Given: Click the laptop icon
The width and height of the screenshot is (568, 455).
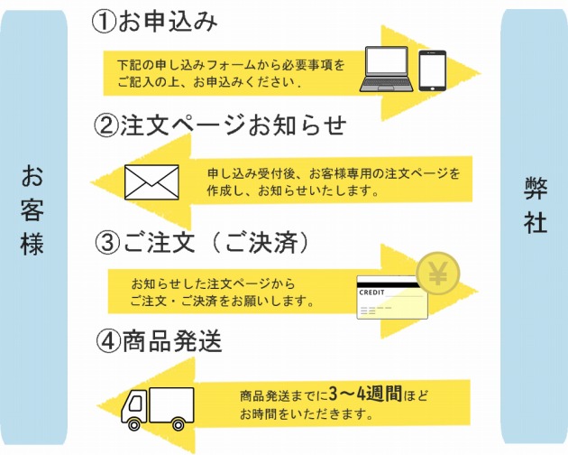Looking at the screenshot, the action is pos(387,69).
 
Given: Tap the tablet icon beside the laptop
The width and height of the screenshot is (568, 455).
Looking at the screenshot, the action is pos(433,70).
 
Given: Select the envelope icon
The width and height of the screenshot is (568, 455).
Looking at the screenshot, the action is pos(151,182).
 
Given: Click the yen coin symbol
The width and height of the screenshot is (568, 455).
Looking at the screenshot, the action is pos(438,274).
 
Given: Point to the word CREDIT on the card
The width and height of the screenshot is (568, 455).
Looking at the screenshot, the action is pos(371,292).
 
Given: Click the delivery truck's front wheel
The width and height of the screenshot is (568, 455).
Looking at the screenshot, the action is pos(134,424).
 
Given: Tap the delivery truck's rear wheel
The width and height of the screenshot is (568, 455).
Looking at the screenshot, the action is pos(178,424).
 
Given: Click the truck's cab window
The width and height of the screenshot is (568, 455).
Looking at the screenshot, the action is pos(135,403).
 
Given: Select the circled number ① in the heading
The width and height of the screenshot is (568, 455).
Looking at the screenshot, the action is pos(104,22).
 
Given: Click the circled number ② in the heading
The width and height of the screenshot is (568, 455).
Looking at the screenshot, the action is pos(106,125).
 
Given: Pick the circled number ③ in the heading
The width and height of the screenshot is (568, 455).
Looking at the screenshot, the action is pos(107,243).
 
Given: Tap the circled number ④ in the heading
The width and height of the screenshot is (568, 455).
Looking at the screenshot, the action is pos(108,341).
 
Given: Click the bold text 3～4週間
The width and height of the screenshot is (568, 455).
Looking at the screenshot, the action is pos(365,394).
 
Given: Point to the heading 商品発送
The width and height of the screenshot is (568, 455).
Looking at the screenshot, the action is pos(172,341).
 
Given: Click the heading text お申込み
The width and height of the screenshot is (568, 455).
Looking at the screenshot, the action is pos(168,21).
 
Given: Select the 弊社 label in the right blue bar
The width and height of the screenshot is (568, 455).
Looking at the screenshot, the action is pos(535,205).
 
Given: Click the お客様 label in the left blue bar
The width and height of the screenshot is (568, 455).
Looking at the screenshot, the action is pos(32,210).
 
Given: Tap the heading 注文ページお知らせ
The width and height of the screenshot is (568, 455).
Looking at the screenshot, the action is pos(234,125).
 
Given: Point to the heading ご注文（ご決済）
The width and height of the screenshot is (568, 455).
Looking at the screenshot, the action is pos(215,242).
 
